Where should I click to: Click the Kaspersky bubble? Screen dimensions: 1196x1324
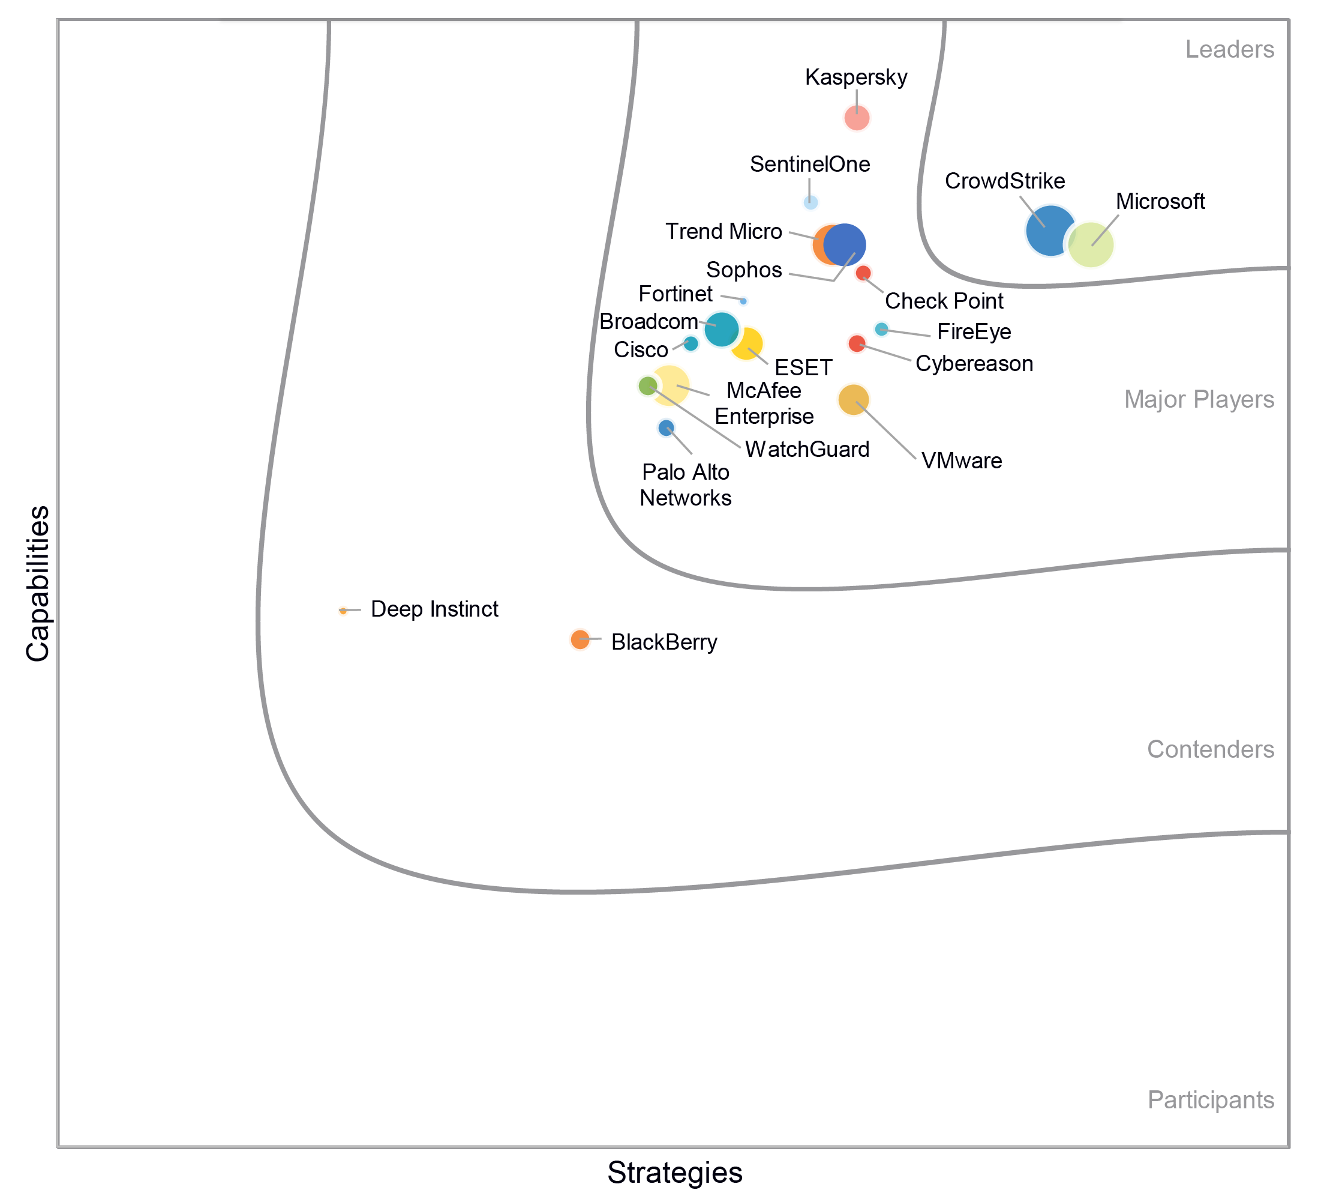tap(857, 118)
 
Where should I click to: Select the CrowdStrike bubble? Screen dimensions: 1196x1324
tap(1050, 231)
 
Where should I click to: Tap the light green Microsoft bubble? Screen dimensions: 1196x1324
tap(1091, 245)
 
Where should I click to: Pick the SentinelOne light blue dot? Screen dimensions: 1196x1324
tap(810, 202)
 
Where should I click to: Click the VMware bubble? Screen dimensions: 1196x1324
tap(853, 399)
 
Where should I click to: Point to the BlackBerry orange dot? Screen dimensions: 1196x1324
tap(580, 639)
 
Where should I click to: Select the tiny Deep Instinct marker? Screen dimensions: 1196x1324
tap(343, 611)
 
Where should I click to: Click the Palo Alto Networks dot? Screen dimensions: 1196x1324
tap(666, 429)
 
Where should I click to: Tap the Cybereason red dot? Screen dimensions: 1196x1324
tap(857, 343)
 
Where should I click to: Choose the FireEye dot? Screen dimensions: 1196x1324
tap(881, 329)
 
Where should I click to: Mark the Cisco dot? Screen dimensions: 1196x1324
tap(690, 343)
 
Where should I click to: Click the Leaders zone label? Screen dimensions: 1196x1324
tap(1229, 50)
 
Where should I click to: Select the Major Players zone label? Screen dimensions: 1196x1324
tap(1199, 399)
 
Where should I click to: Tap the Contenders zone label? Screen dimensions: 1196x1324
tap(1211, 749)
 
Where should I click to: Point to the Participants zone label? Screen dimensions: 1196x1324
tap(1211, 1099)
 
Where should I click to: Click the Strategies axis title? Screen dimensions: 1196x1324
tap(674, 1173)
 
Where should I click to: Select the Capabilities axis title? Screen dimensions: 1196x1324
tap(38, 583)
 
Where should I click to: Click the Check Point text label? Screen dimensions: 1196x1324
tap(944, 301)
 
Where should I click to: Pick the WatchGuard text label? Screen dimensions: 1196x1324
tap(807, 450)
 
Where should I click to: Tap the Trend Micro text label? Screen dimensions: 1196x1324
tap(723, 232)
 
